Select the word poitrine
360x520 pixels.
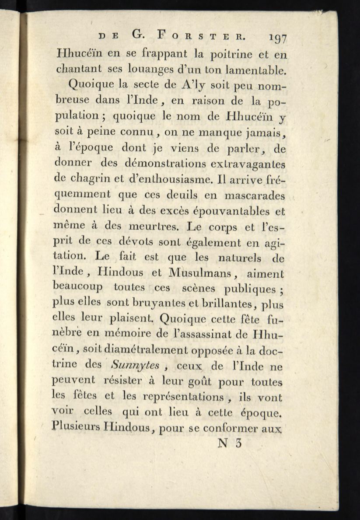pos(238,55)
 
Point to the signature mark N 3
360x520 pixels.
pos(229,443)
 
